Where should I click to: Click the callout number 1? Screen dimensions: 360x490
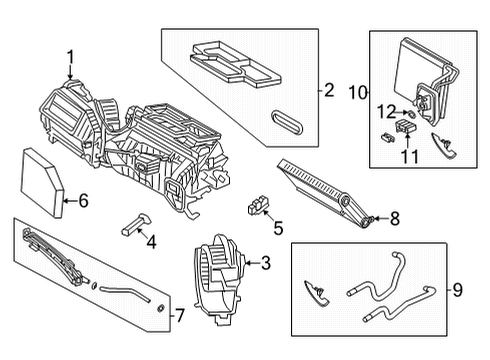(70, 56)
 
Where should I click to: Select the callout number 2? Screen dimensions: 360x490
(328, 91)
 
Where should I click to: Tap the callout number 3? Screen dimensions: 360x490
(265, 263)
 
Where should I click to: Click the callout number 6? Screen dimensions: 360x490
(83, 201)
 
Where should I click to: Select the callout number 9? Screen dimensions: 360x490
(458, 291)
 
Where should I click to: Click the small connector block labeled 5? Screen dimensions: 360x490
(257, 207)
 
